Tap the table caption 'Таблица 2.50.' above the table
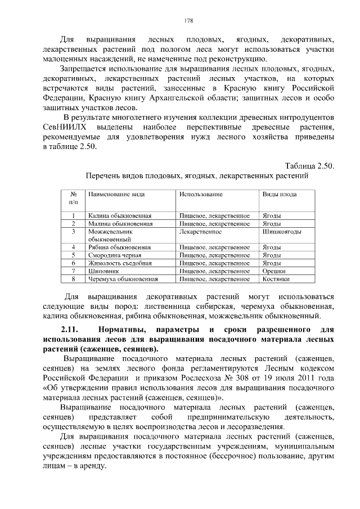point(309,165)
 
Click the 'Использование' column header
point(201,194)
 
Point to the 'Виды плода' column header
point(280,194)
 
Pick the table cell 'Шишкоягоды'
point(282,231)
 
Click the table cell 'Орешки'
point(274,271)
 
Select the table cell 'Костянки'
point(276,278)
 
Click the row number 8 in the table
point(73,278)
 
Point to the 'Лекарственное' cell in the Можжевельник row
point(200,231)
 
